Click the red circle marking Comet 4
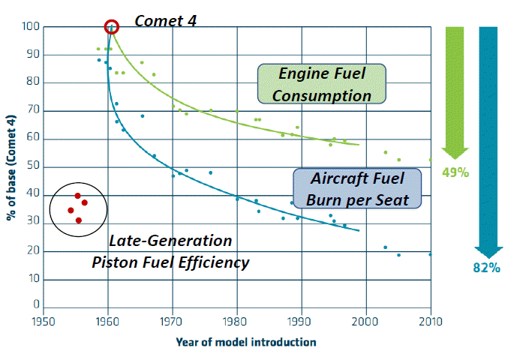(111, 27)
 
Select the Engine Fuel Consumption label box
(322, 84)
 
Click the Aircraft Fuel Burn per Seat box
(356, 187)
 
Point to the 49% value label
(455, 172)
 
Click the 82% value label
(488, 268)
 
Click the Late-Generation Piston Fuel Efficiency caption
(170, 252)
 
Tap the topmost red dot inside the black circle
(77, 196)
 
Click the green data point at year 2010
(431, 160)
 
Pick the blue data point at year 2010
(431, 255)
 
